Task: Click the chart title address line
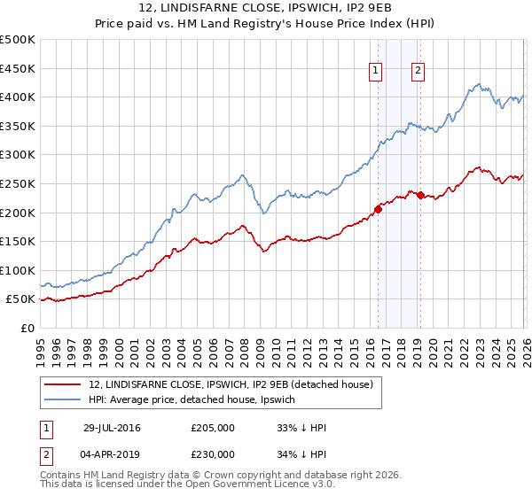click(266, 9)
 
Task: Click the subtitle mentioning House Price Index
click(266, 24)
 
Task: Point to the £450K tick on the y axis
click(18, 68)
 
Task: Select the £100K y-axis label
click(18, 270)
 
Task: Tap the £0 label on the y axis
click(27, 328)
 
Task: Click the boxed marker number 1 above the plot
click(375, 72)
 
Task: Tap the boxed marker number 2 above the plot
click(418, 72)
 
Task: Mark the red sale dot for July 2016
click(379, 209)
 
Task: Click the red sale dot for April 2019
click(420, 195)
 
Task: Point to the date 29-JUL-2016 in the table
click(112, 428)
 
